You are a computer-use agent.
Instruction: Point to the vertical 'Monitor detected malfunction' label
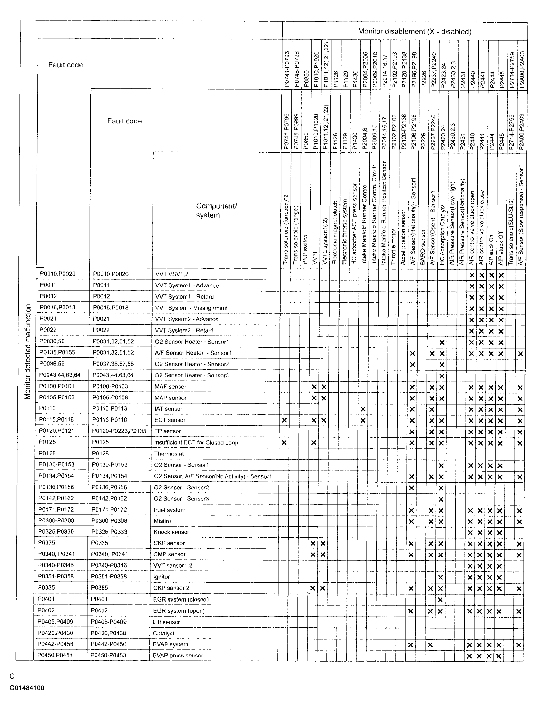pyautogui.click(x=28, y=352)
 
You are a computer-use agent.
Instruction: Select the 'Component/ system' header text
pyautogui.click(x=216, y=211)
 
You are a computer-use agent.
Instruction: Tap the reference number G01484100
pyautogui.click(x=27, y=688)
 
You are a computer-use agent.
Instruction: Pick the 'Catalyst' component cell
pyautogui.click(x=163, y=633)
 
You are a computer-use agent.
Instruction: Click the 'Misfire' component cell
pyautogui.click(x=162, y=521)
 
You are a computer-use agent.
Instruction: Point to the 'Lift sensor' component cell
pyautogui.click(x=166, y=622)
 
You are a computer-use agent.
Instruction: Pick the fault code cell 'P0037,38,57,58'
pyautogui.click(x=113, y=364)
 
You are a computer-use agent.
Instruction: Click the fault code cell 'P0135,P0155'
pyautogui.click(x=57, y=352)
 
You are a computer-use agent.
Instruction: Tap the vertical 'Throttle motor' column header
pyautogui.click(x=393, y=247)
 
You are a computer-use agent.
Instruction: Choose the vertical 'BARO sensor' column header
pyautogui.click(x=422, y=247)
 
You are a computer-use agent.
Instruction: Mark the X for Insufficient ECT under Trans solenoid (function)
pyautogui.click(x=284, y=443)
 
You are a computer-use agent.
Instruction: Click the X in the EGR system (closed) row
pyautogui.click(x=440, y=599)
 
